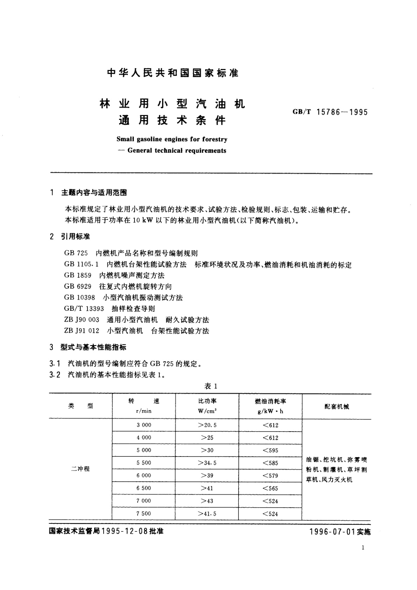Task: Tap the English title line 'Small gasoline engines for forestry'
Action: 172,139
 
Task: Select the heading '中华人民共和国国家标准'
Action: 173,73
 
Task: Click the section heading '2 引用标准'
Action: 70,237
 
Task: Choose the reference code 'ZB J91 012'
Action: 82,331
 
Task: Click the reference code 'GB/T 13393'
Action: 84,309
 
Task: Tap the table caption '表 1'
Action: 211,386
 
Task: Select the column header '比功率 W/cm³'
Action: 207,406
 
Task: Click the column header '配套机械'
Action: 336,406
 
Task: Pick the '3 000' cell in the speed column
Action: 144,425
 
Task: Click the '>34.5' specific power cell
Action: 207,463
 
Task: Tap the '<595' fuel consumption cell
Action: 270,450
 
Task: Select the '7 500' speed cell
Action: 144,514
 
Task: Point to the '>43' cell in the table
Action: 207,501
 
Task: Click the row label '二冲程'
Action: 81,469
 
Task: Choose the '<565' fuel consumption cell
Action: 270,488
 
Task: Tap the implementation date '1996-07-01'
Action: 332,532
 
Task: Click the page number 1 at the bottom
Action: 363,548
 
